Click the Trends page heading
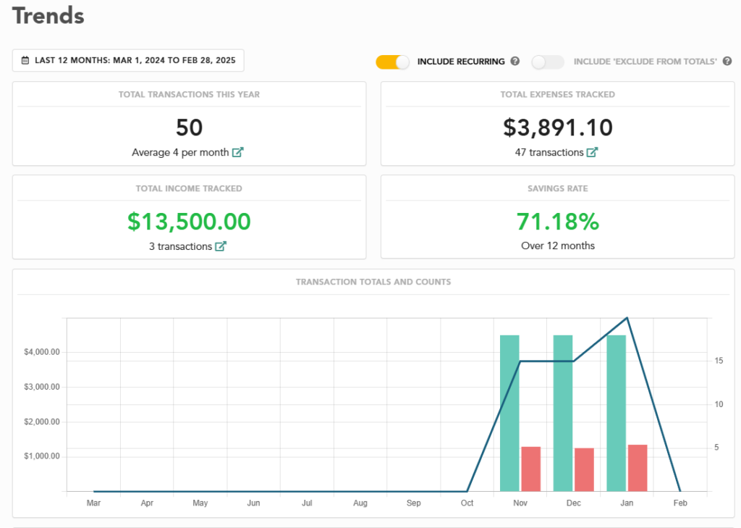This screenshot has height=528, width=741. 48,16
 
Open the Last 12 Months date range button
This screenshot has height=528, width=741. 128,61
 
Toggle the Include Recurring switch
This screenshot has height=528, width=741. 393,62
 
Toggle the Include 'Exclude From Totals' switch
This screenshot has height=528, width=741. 548,62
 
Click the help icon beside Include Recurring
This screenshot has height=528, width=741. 515,62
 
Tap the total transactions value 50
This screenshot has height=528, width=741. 189,128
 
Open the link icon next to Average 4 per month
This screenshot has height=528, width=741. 237,153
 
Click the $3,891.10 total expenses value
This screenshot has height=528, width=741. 558,128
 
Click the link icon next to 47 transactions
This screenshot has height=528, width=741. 592,153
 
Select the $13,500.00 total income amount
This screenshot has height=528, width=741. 189,222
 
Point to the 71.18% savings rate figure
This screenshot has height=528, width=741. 558,222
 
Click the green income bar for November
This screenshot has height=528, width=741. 509,413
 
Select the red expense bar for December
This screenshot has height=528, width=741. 584,469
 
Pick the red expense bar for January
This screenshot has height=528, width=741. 638,468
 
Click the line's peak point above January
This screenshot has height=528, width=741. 627,318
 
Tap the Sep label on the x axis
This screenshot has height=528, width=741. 414,503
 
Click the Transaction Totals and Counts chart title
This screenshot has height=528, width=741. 373,282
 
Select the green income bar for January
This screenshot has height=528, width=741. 617,413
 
